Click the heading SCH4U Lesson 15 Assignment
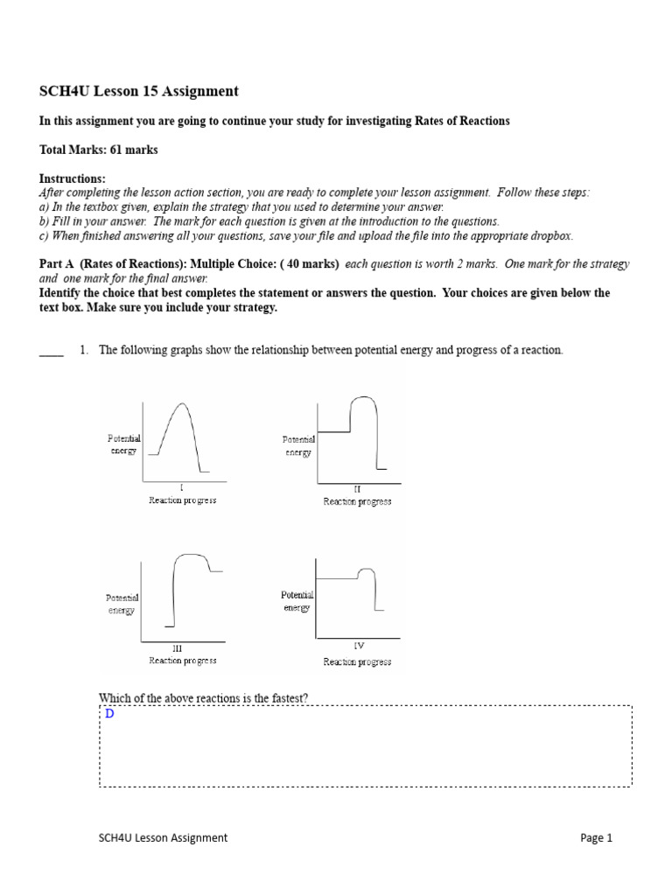tap(139, 91)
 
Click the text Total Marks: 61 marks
tap(99, 150)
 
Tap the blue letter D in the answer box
tap(109, 714)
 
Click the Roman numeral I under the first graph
tap(181, 488)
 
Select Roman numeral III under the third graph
tap(178, 649)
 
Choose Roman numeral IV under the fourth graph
tap(358, 646)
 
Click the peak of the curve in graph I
tap(179, 403)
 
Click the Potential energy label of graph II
tap(298, 446)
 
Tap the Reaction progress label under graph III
tap(182, 661)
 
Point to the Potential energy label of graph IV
tap(297, 601)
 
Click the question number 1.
tap(84, 350)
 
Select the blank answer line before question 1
tap(52, 353)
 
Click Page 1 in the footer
tap(597, 837)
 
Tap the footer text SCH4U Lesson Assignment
tap(163, 837)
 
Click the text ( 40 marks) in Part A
tap(310, 263)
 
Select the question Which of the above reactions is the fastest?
tap(203, 697)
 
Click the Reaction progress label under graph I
tap(182, 500)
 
